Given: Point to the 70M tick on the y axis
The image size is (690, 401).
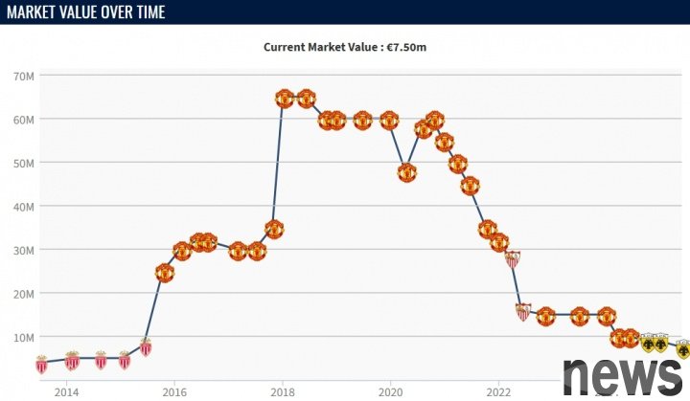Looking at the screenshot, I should tap(25, 76).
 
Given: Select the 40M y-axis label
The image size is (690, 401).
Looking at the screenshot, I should tap(25, 206).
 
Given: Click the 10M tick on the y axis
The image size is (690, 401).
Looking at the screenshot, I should tap(25, 337).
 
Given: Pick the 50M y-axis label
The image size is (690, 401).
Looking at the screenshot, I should tap(25, 163).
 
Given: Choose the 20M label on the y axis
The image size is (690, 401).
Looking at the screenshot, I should tap(25, 293).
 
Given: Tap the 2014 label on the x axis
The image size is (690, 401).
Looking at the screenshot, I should tap(66, 391).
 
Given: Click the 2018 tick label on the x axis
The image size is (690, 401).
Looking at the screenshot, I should tap(282, 391).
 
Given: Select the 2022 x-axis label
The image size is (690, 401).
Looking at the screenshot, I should tap(498, 391).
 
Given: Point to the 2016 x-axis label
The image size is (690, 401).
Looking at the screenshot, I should tap(174, 391).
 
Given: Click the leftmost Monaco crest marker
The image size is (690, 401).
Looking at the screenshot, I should tap(41, 364).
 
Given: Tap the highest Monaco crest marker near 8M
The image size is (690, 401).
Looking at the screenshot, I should tap(146, 346).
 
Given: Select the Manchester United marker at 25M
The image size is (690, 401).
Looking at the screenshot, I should tap(165, 273).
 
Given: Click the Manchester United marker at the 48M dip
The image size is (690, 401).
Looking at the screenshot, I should tap(406, 173).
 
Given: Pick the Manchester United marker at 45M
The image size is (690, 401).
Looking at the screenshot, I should tap(470, 186).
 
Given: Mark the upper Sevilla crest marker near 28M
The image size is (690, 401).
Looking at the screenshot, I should tap(513, 258).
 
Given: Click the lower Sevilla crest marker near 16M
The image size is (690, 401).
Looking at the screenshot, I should tap(522, 311).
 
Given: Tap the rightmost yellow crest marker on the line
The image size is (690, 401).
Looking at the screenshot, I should tap(682, 349).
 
